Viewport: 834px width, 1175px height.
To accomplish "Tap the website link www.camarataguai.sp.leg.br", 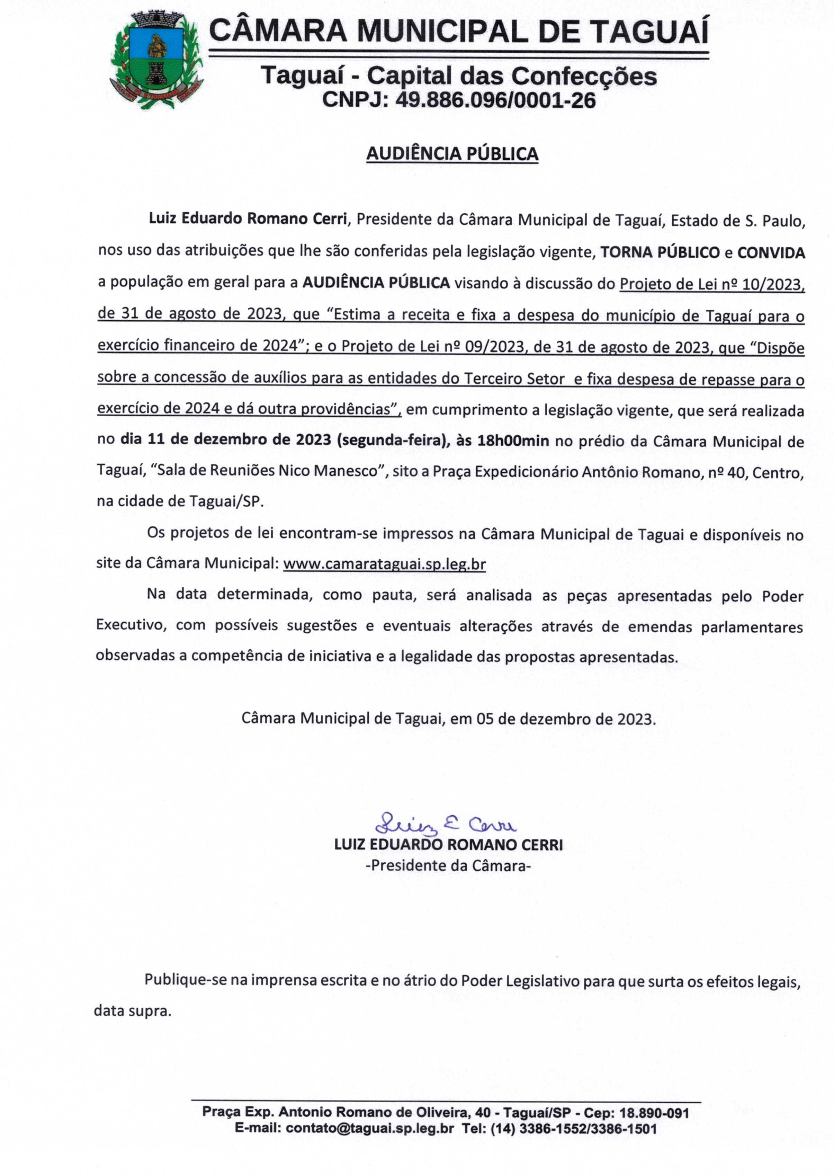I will coord(384,564).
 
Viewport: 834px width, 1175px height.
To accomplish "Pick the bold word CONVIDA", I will coord(771,252).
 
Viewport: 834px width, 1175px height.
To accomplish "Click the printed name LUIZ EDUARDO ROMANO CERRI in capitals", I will coord(448,845).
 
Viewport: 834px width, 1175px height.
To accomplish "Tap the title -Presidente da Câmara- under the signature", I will coord(448,865).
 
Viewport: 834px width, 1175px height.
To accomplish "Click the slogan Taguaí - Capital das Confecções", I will coord(459,76).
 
